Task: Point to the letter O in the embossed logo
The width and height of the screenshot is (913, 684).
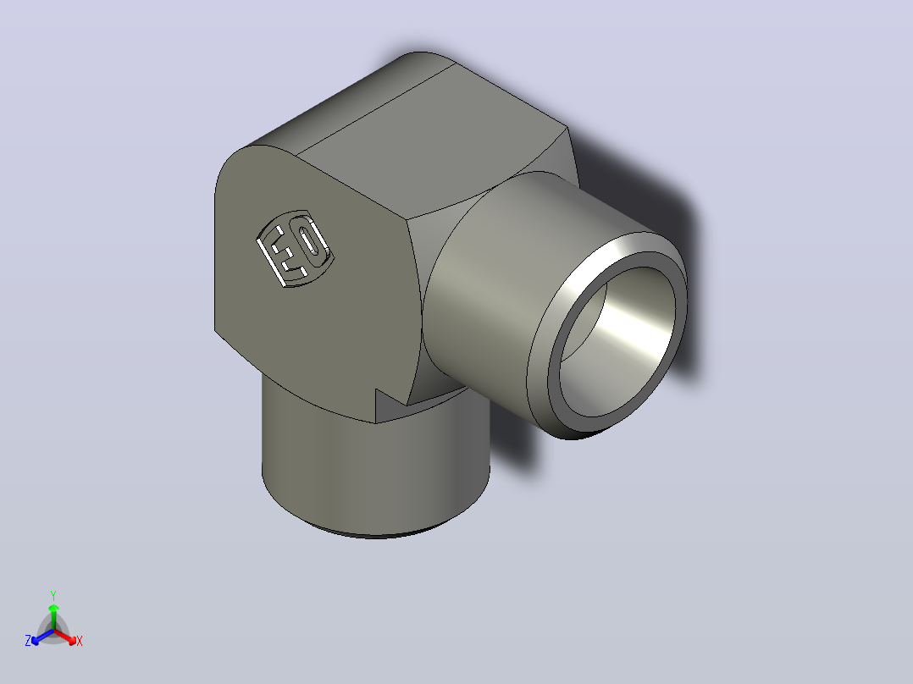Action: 310,242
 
